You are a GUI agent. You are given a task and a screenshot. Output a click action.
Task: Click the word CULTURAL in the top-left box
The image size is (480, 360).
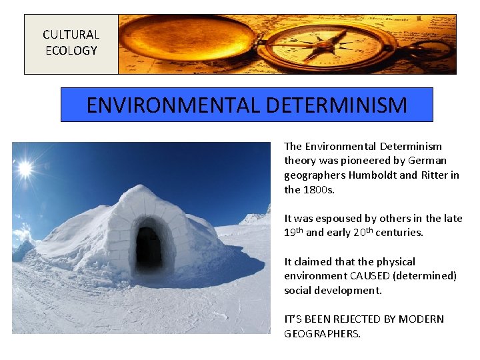pos(71,35)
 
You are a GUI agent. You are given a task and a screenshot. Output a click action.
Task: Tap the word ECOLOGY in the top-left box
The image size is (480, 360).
pos(71,51)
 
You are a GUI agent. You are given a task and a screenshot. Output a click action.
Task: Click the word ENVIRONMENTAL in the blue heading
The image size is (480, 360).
pos(174,105)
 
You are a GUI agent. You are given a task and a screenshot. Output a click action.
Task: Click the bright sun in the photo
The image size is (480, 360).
pos(25,169)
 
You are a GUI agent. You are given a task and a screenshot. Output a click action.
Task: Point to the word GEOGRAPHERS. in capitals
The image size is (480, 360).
pos(322,334)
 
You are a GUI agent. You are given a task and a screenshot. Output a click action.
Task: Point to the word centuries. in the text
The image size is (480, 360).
pos(399,233)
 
